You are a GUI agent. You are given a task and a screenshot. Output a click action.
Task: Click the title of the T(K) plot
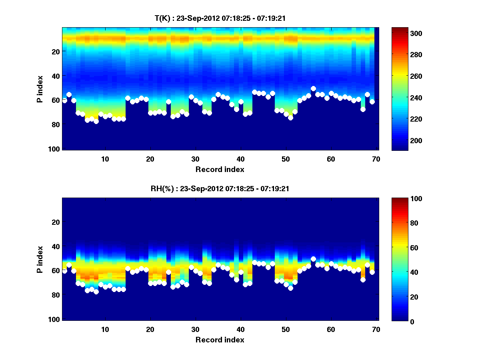point(220,18)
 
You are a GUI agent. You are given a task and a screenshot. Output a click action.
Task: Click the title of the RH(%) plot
point(220,189)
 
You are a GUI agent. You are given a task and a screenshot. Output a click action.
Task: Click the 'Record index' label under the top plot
point(220,169)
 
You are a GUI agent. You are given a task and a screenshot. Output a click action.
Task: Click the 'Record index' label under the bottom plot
point(220,340)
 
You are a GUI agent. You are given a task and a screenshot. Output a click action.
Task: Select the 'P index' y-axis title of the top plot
point(40,89)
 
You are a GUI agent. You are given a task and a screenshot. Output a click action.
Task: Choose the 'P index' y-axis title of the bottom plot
point(40,259)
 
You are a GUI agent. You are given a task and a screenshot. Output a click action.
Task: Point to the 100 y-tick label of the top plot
point(55,149)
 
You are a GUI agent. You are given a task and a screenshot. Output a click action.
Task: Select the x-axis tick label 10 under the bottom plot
point(105,329)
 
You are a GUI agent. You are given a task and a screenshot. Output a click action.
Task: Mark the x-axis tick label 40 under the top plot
point(240,159)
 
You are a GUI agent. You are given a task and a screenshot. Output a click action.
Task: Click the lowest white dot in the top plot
point(96,122)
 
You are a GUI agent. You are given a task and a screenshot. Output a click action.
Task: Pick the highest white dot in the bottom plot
point(313,259)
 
